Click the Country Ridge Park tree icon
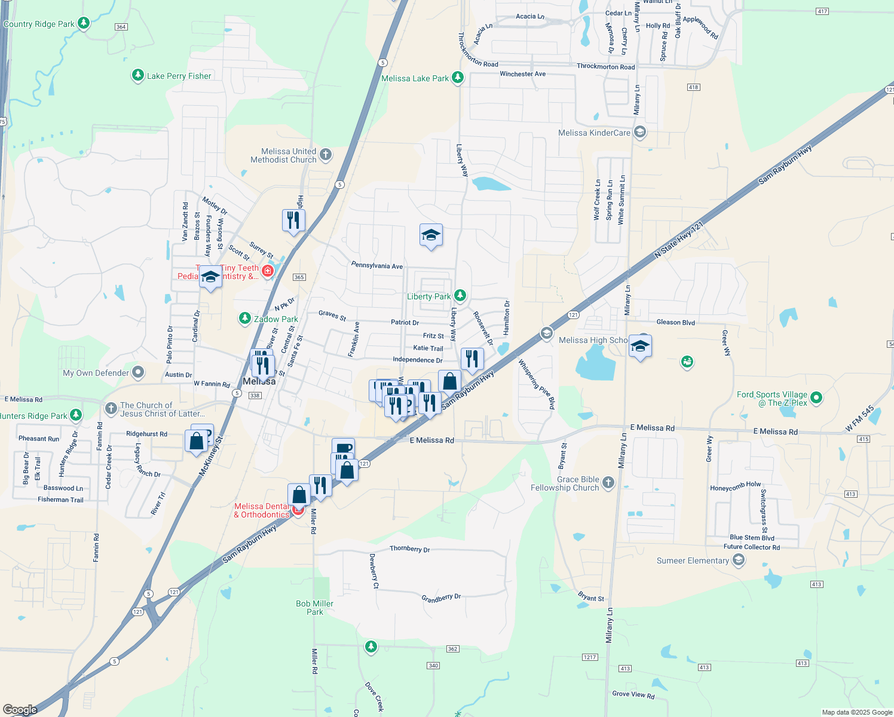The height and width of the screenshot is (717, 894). point(84,23)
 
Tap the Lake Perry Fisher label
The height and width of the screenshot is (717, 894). point(179,76)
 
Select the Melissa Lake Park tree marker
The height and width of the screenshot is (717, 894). point(458,78)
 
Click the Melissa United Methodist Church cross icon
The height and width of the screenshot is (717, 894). point(326,155)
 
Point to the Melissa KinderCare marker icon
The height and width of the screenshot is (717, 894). point(640,132)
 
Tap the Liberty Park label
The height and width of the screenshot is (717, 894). point(428,296)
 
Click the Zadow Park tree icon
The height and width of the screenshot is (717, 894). point(244,318)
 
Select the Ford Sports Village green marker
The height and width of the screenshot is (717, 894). point(816,397)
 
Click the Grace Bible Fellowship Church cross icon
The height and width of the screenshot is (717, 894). point(608,483)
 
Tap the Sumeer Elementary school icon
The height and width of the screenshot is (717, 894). point(739,560)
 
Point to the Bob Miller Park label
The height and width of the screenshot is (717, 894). point(314,608)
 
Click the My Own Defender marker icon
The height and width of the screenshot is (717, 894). point(138,373)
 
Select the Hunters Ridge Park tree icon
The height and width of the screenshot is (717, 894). point(75,415)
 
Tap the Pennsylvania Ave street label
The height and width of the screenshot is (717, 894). point(377,265)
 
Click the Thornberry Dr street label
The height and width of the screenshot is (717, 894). point(409,549)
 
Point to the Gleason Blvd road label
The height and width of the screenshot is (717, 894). point(675,322)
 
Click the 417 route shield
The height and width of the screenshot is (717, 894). point(822,11)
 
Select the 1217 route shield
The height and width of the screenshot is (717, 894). point(590,657)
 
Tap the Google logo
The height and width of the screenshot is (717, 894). point(20,709)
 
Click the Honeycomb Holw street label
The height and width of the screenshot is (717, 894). point(735,487)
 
